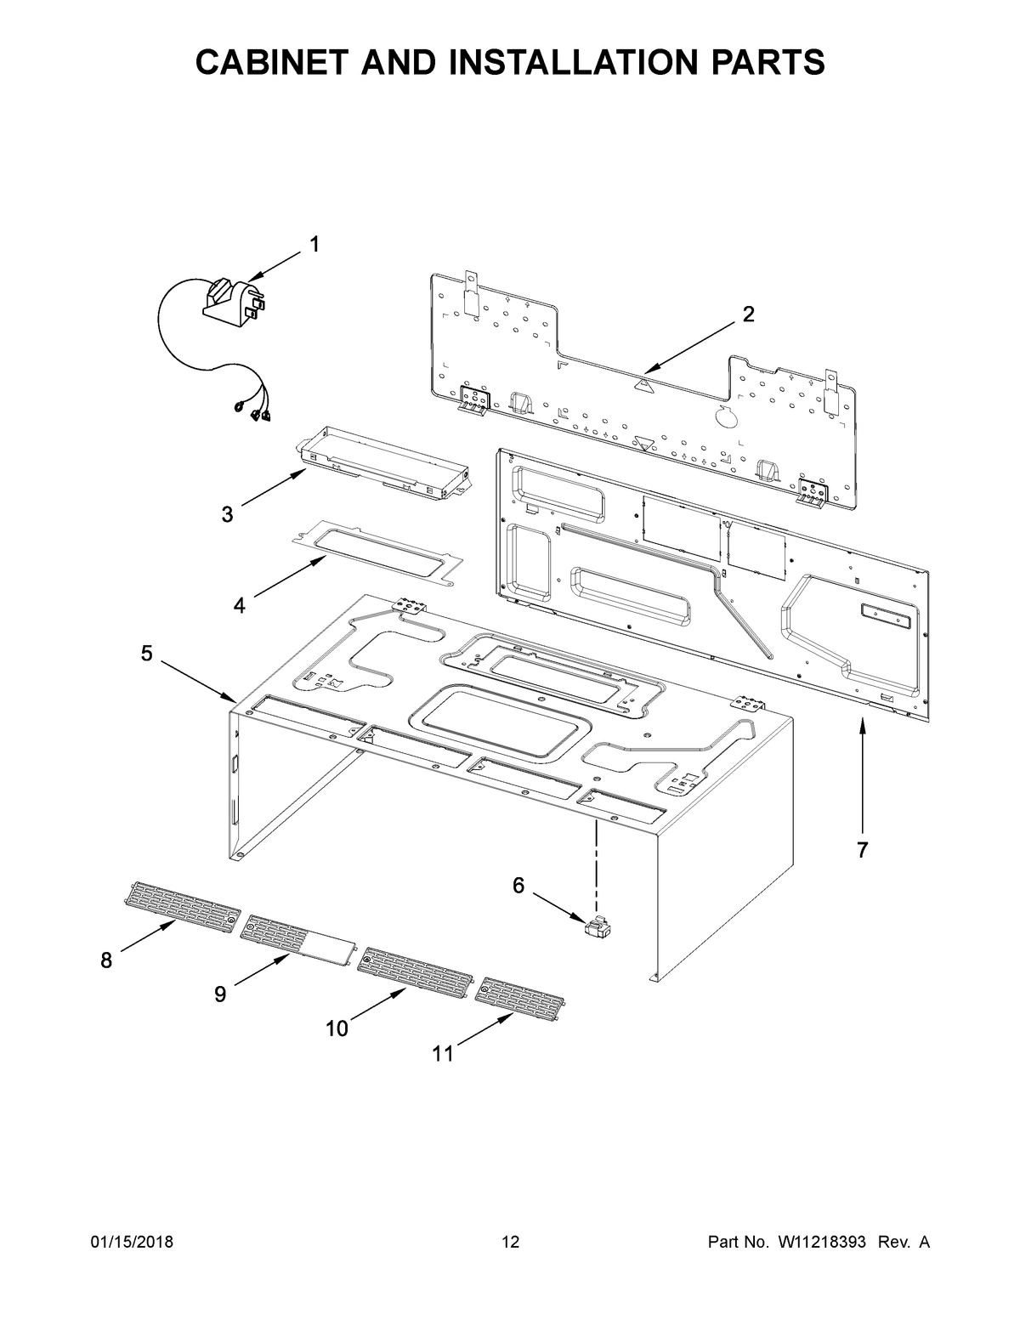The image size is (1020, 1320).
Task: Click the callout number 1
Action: (x=314, y=245)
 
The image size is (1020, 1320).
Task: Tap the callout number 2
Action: (x=747, y=314)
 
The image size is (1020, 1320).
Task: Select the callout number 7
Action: (x=862, y=849)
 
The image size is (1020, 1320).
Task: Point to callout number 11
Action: (x=442, y=1054)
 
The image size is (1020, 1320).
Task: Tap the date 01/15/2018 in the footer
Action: (x=132, y=1243)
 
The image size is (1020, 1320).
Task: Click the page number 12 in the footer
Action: (x=510, y=1243)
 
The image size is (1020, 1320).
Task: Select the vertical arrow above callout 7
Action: (x=862, y=773)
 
